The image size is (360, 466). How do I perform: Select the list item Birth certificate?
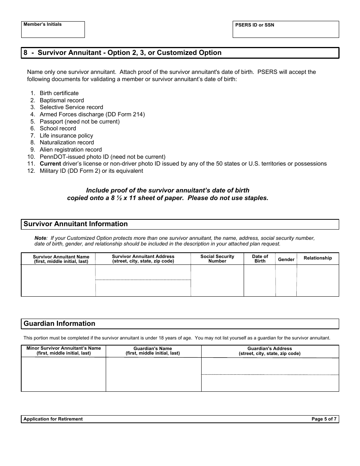pos(59,93)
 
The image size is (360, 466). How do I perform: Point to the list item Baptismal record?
pos(62,100)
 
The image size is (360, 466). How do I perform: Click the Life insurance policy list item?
pos(66,136)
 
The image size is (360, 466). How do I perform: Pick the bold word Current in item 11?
pos(50,164)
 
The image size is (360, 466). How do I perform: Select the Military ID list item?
pos(91,171)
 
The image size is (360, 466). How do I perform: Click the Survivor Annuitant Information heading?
pos(76,224)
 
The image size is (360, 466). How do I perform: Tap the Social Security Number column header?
pos(217,259)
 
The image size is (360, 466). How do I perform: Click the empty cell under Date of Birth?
pos(260,280)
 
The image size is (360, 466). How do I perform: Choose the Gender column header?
pos(286,260)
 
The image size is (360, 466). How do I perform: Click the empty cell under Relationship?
pos(318,280)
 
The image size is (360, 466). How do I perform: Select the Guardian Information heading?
pos(59,324)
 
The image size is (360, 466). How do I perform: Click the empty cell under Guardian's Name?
pos(153,374)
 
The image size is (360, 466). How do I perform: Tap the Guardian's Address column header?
pos(269,351)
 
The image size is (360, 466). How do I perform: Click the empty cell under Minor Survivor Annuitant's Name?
pos(63,374)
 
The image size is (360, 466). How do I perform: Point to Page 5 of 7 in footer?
pos(324,419)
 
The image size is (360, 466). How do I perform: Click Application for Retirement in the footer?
pos(53,419)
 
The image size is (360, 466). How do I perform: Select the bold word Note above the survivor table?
pos(40,238)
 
